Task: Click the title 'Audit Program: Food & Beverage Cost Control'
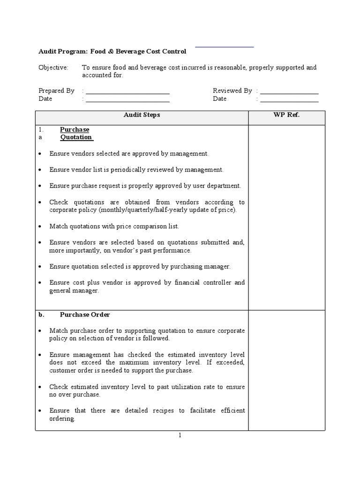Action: click(x=112, y=52)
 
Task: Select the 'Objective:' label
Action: click(x=53, y=67)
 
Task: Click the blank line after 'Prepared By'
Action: click(x=127, y=93)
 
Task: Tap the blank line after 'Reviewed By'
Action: click(x=289, y=93)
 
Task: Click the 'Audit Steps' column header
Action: click(x=142, y=115)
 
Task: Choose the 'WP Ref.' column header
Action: click(x=286, y=115)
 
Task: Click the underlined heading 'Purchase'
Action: click(x=75, y=129)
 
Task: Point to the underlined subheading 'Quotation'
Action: click(x=76, y=137)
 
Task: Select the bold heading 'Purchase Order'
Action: click(x=85, y=315)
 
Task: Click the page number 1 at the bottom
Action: click(x=180, y=435)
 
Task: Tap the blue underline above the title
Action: click(x=224, y=47)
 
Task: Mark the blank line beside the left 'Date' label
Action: click(x=127, y=101)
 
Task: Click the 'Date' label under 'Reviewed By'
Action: click(x=219, y=99)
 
